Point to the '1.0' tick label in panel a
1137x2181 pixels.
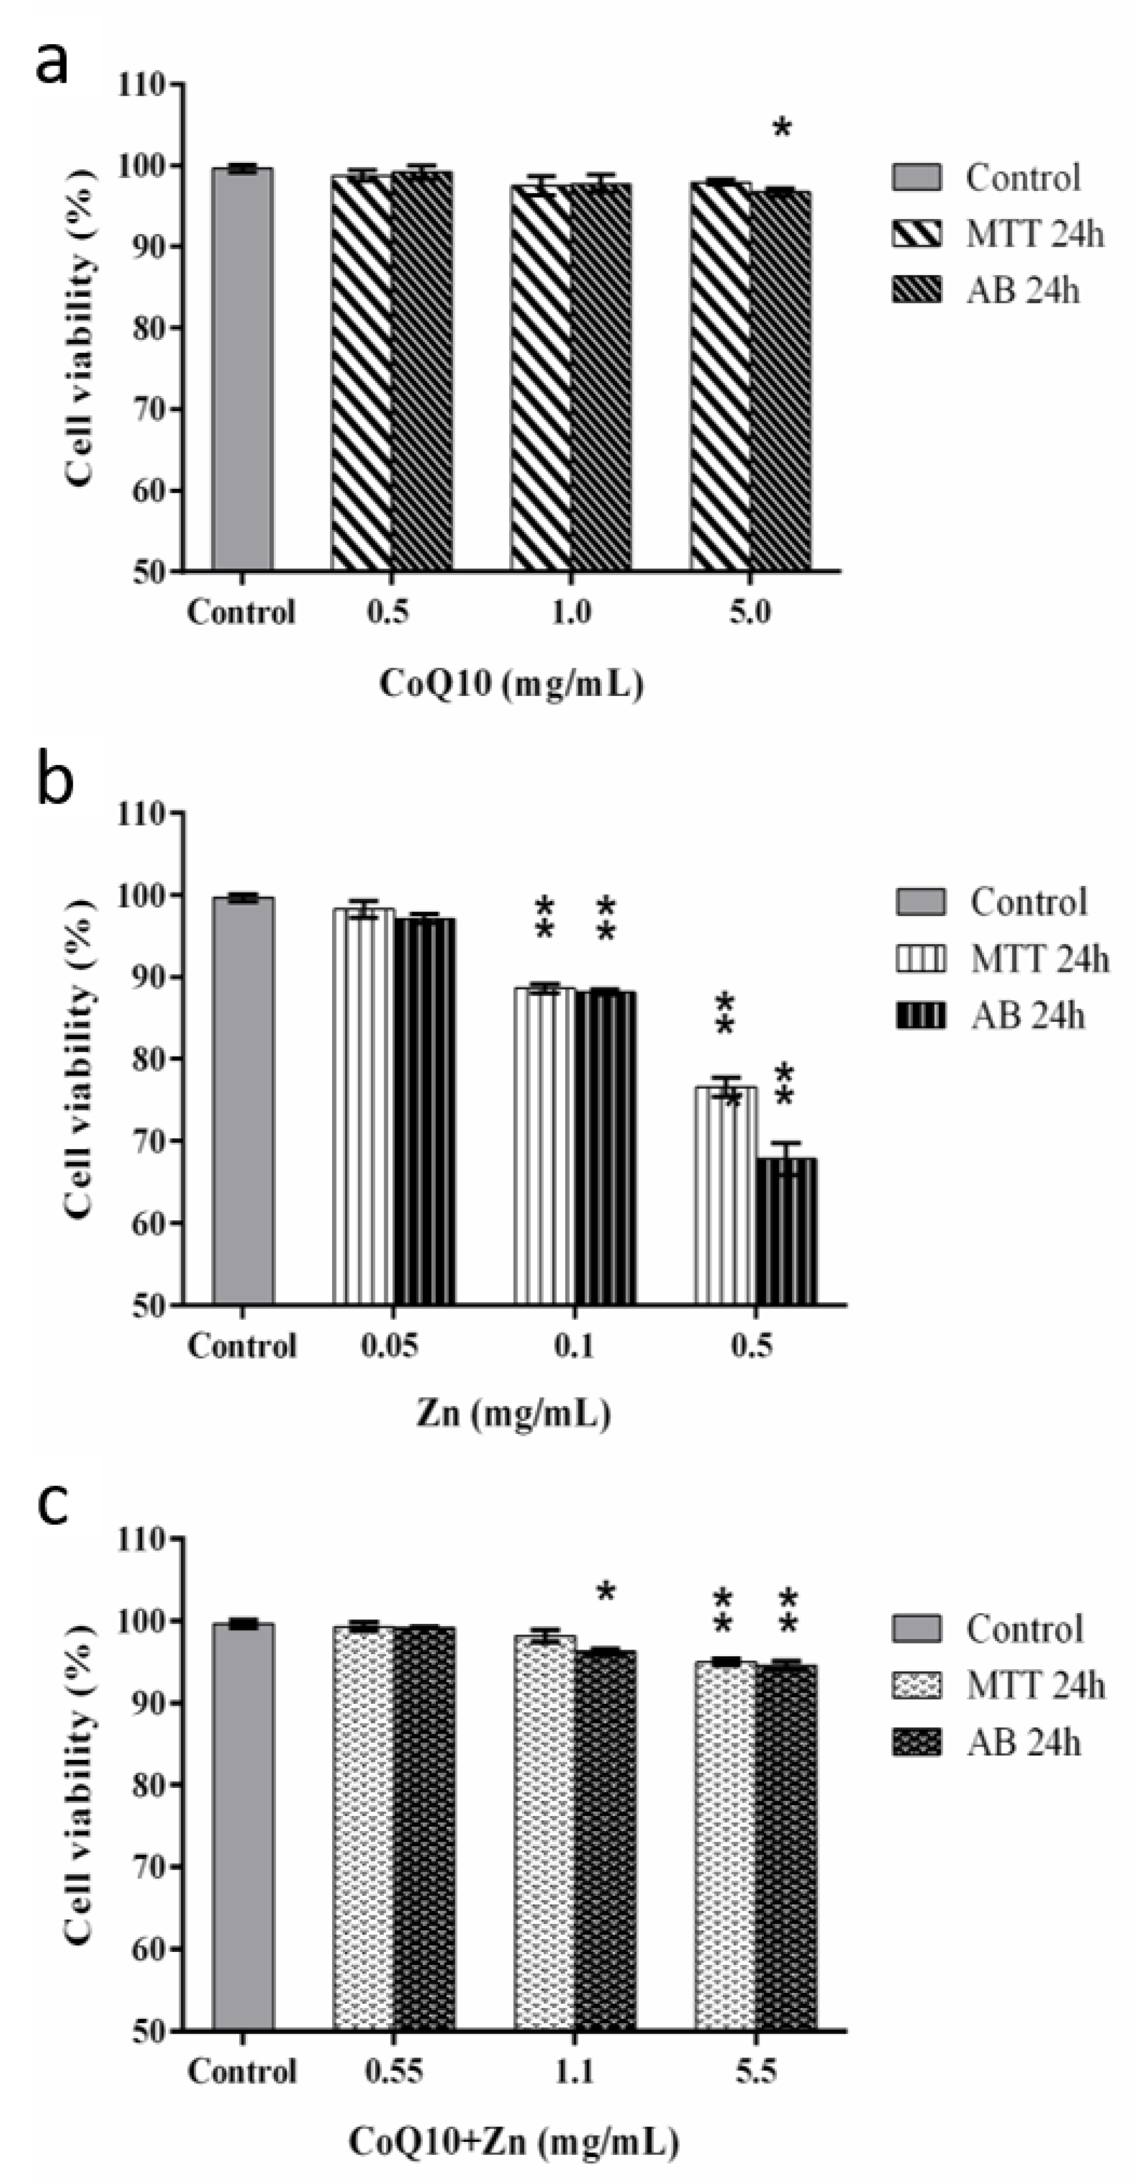(571, 611)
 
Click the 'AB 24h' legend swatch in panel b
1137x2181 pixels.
(920, 1015)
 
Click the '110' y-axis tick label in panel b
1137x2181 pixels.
(142, 814)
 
